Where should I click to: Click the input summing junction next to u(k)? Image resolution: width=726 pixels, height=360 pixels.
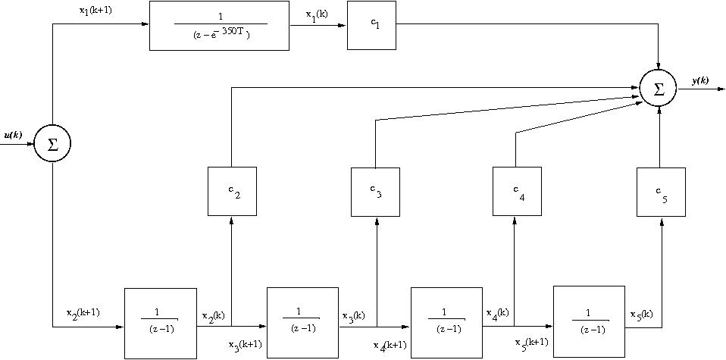(52, 143)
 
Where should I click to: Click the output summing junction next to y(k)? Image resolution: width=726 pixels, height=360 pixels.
(659, 89)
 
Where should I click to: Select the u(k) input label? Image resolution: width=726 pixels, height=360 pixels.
(13, 135)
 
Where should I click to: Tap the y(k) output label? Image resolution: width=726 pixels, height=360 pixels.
(700, 80)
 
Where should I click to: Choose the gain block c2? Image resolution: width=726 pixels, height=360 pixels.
(232, 192)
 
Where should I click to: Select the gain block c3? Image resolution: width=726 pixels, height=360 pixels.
(376, 192)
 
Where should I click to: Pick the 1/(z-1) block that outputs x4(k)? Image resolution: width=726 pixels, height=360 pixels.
(446, 323)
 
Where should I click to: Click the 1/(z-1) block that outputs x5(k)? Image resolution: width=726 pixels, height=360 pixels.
(590, 321)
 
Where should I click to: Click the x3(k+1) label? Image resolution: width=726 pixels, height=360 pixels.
(246, 345)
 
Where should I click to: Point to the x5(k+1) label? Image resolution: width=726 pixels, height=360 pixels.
(532, 342)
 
